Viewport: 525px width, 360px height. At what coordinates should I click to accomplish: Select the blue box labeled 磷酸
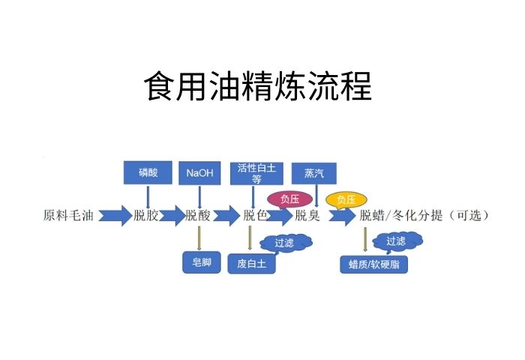point(148,172)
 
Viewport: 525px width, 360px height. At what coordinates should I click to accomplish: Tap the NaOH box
point(199,172)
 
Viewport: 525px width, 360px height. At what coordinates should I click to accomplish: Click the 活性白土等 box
point(256,172)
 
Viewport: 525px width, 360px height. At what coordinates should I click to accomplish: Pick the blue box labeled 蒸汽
point(314,172)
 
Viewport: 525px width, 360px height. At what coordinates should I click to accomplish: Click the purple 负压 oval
point(289,199)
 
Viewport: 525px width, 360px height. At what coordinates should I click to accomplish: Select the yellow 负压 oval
point(346,199)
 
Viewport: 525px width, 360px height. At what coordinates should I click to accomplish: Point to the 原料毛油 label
point(69,216)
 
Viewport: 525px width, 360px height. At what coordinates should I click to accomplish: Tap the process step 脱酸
point(198,216)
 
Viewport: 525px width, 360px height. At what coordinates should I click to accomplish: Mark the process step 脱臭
point(307,216)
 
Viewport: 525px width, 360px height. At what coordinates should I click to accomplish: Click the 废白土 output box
point(252,263)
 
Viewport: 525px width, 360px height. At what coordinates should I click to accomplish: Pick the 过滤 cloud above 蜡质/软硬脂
point(397,241)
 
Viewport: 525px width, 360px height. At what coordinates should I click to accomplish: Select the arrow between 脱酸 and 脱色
point(226,216)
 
